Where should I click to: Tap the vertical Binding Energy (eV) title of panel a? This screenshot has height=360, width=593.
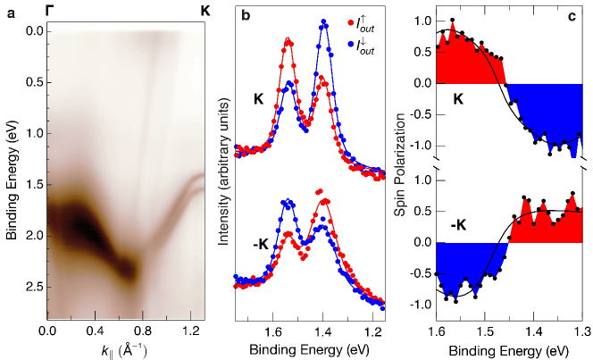[12, 171]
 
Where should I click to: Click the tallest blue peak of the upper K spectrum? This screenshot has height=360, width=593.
[323, 24]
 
